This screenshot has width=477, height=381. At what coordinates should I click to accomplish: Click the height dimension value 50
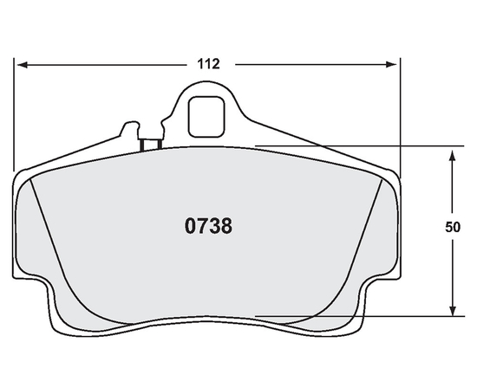[x=452, y=228]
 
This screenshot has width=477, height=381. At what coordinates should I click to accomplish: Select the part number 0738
[x=208, y=227]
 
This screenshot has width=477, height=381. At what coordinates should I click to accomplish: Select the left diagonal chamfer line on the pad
[x=52, y=234]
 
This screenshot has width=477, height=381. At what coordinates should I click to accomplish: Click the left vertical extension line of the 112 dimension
[x=15, y=113]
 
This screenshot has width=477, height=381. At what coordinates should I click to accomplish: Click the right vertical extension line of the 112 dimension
[x=400, y=113]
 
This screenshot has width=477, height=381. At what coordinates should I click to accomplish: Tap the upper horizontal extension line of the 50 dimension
[x=347, y=147]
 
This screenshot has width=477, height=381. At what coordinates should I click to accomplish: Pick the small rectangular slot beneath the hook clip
[x=149, y=143]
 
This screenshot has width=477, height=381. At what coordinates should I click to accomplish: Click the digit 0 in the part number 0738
[x=190, y=227]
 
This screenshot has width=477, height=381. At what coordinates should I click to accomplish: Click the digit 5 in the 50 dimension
[x=448, y=228]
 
